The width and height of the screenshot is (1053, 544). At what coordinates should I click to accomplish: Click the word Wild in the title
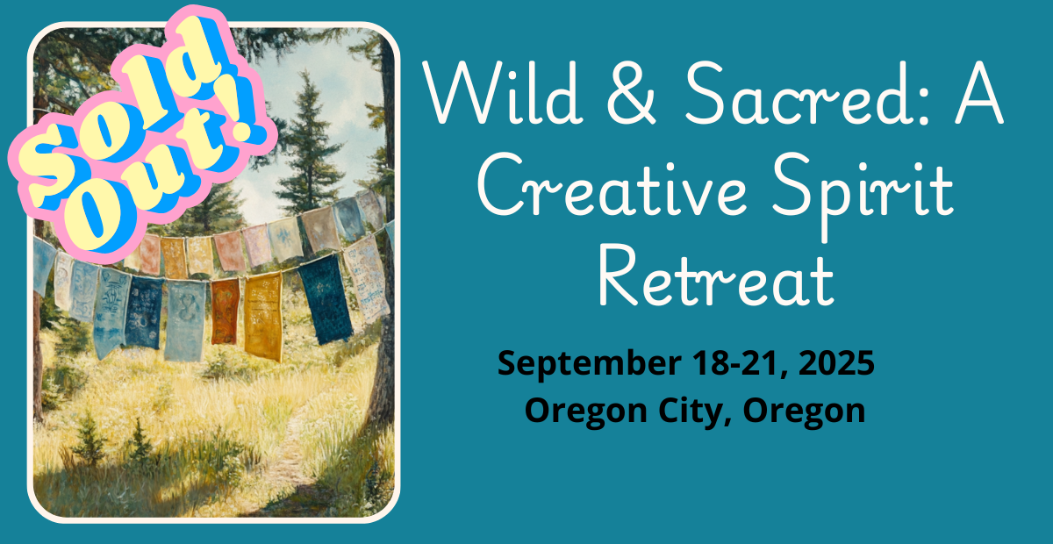pyautogui.click(x=501, y=93)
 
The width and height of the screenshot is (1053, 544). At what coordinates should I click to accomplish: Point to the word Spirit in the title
pyautogui.click(x=863, y=195)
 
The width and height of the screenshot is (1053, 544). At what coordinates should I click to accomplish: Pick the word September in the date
pyautogui.click(x=590, y=364)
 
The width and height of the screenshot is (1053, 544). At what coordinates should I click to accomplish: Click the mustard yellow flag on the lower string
pyautogui.click(x=263, y=318)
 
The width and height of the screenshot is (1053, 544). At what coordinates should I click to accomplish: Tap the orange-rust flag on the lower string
pyautogui.click(x=226, y=311)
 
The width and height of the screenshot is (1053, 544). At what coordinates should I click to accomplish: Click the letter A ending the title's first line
pyautogui.click(x=979, y=93)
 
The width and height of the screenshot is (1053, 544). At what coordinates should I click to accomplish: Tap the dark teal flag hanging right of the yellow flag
pyautogui.click(x=326, y=298)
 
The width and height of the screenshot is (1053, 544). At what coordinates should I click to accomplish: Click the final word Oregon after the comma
pyautogui.click(x=805, y=412)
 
